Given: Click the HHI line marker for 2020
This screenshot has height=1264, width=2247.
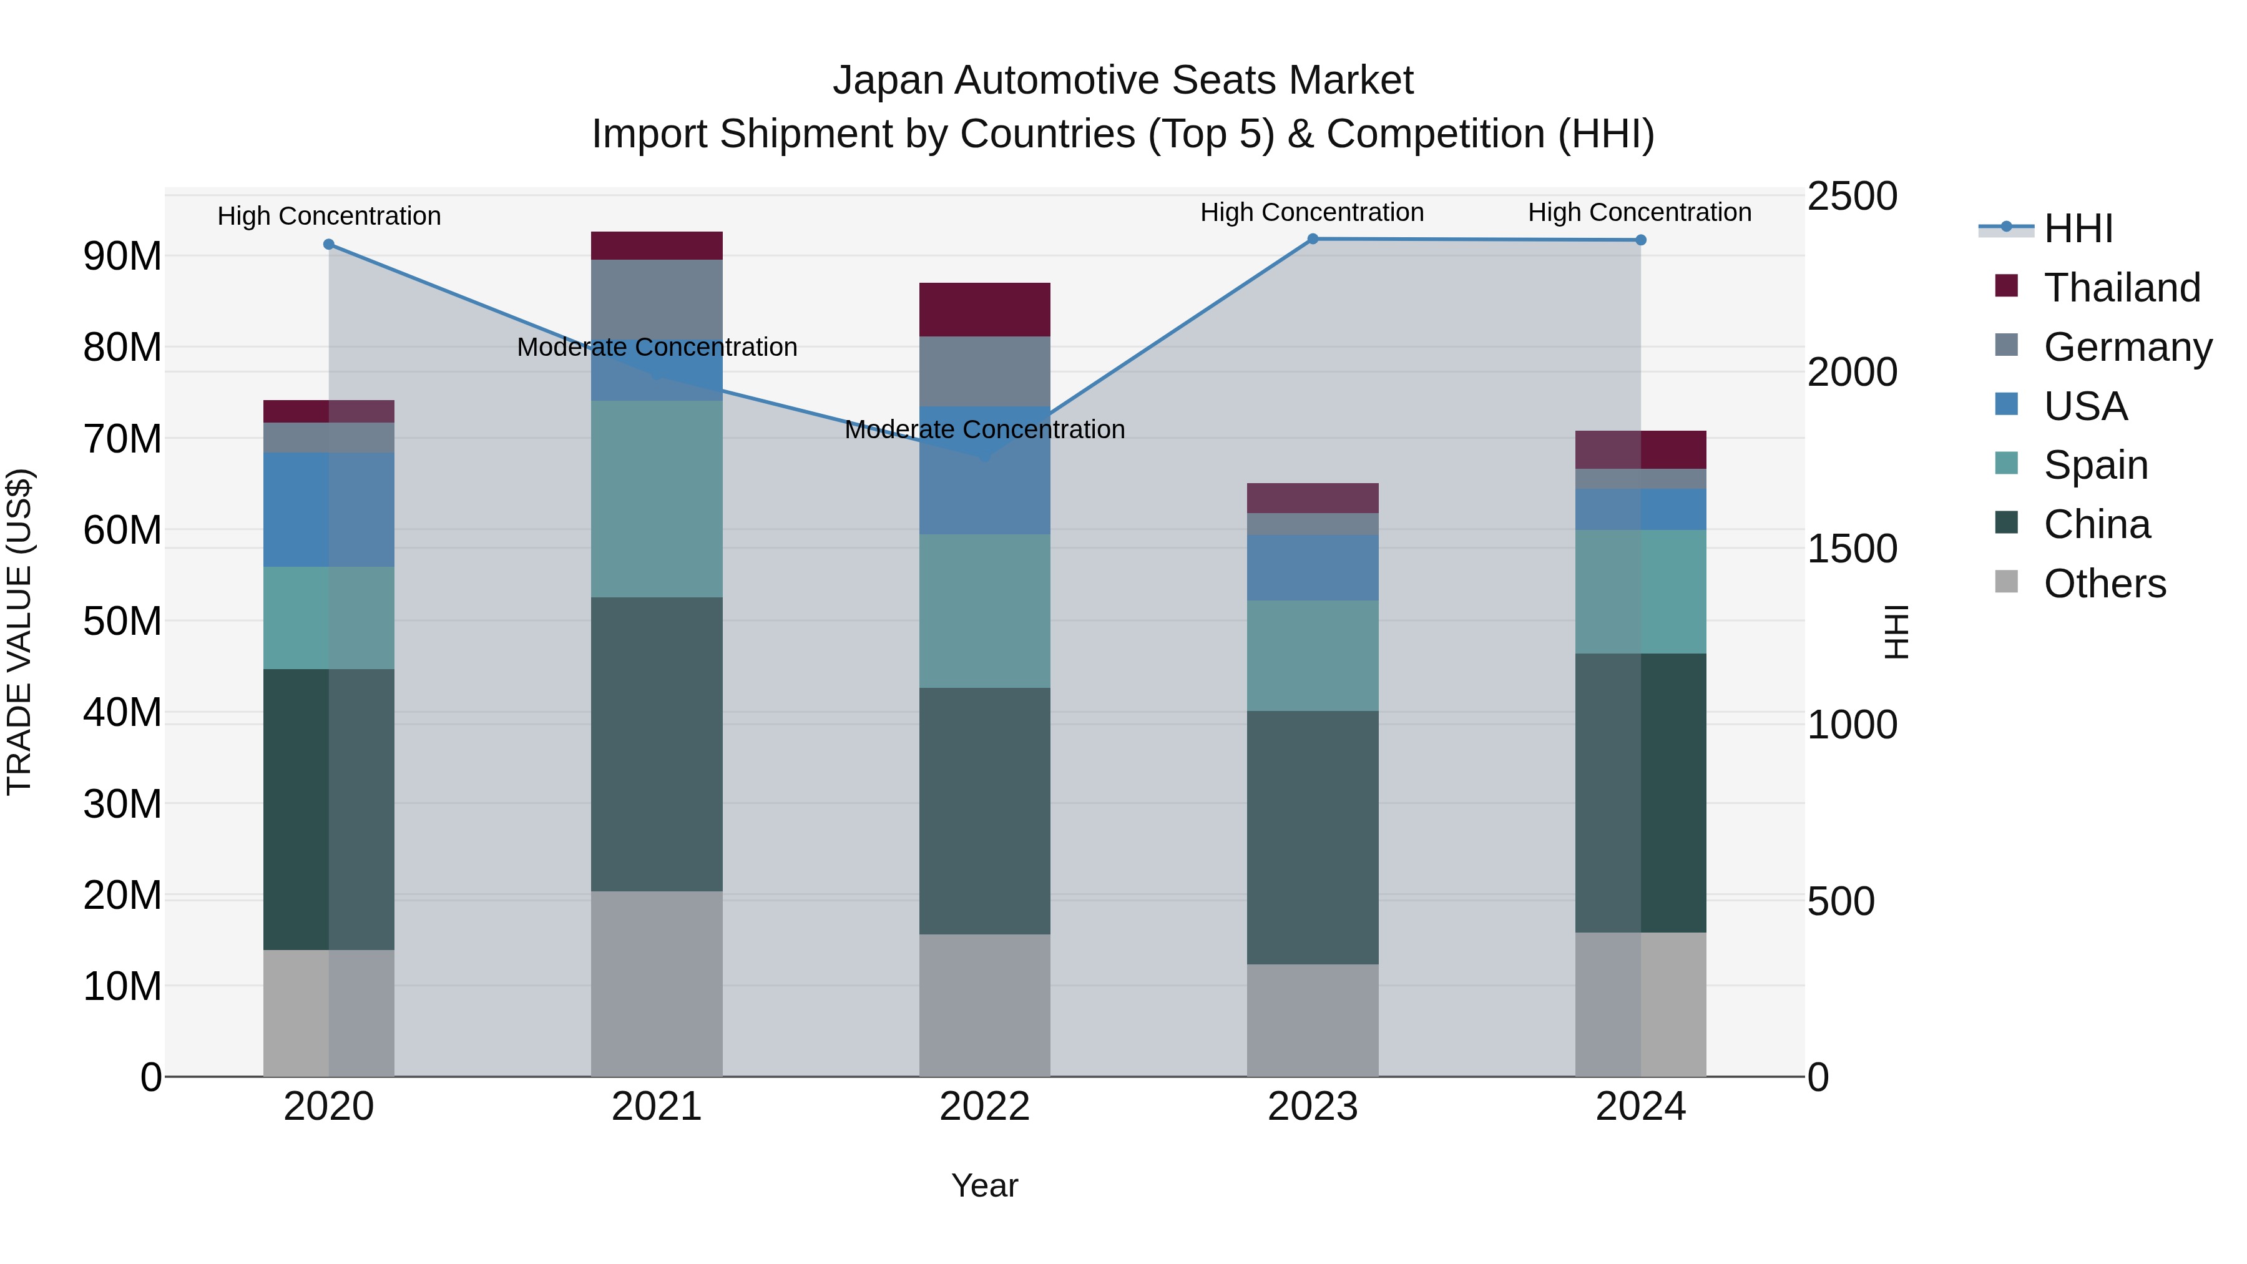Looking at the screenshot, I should (x=329, y=244).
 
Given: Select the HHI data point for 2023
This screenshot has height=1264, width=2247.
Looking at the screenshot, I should (x=1313, y=239).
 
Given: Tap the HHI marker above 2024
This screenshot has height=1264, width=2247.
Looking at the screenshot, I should (x=1641, y=240).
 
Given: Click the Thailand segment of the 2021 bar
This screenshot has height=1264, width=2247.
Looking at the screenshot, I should (x=657, y=246).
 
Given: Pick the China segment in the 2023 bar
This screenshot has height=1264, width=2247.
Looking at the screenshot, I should (x=1313, y=838).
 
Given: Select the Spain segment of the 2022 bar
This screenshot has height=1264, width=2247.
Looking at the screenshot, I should (x=985, y=610).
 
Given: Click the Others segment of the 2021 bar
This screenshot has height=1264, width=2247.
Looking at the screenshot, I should (x=657, y=983).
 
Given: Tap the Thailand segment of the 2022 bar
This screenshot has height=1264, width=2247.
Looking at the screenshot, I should (x=985, y=310).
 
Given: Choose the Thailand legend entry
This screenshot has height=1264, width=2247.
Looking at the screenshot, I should (x=2122, y=288).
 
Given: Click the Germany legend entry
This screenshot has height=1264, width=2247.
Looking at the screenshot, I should (x=2127, y=347).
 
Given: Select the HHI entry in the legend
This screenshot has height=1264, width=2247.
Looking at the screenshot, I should (x=2078, y=228).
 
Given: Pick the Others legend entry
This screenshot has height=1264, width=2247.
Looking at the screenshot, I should (x=2104, y=584).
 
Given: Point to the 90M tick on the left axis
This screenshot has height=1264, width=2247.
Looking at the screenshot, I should (x=122, y=257).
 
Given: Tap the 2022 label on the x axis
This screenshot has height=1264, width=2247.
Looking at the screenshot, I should (x=985, y=1107).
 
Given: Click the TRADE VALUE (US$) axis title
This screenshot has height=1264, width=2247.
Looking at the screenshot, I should (x=20, y=632).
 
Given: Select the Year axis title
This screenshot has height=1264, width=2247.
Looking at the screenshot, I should (x=985, y=1185).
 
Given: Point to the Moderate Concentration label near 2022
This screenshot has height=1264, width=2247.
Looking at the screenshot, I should (x=985, y=429).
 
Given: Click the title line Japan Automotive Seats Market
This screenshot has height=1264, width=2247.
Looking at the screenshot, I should (x=1123, y=81).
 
